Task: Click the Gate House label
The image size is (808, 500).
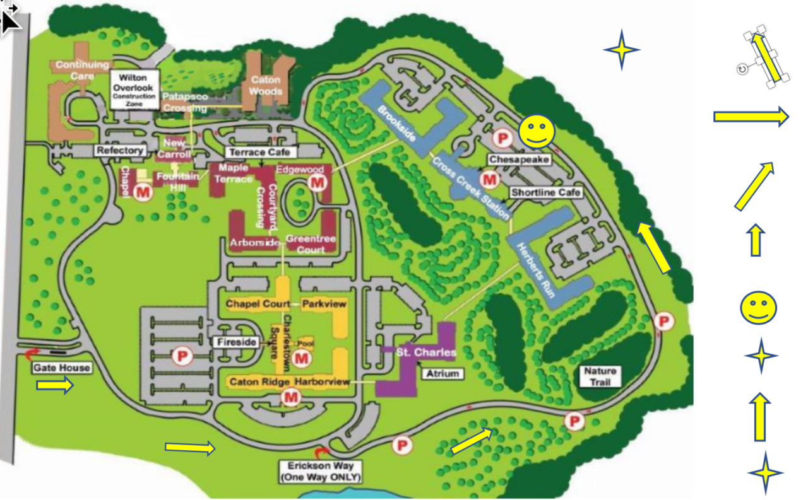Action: (62, 368)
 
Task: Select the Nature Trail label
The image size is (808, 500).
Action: (600, 376)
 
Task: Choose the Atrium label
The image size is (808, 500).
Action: (442, 373)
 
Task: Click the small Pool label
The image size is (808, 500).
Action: (306, 343)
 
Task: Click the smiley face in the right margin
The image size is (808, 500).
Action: (758, 308)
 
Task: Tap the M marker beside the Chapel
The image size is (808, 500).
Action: (143, 192)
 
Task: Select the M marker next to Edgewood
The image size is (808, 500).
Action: (316, 183)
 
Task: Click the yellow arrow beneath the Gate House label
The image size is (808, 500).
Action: (55, 386)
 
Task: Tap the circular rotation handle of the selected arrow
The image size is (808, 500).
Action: (742, 69)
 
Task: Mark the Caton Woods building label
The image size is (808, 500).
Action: (266, 86)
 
